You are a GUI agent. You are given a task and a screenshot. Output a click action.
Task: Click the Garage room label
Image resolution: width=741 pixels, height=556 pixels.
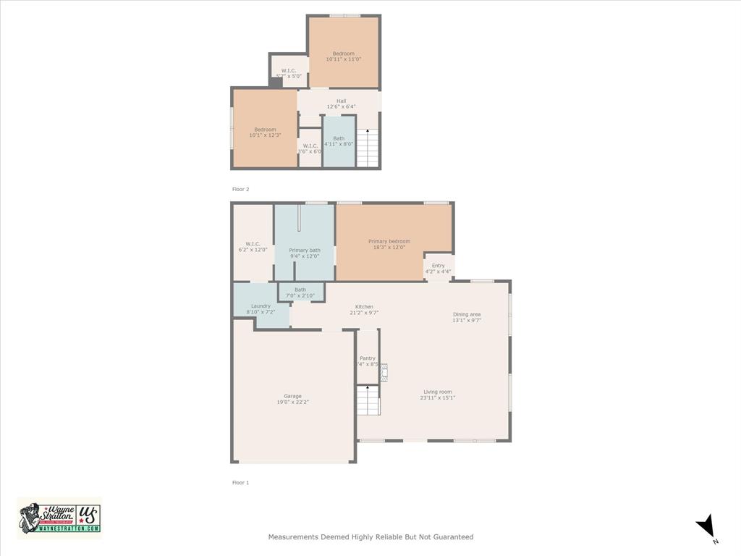(293, 396)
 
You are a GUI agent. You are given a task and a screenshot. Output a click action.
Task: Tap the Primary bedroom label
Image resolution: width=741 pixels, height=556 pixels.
(389, 241)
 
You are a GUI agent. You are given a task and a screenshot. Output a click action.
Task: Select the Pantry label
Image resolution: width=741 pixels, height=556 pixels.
(368, 358)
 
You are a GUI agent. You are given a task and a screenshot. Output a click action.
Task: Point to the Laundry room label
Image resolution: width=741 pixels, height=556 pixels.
(261, 306)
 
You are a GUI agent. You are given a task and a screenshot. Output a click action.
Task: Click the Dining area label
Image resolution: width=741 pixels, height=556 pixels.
(467, 314)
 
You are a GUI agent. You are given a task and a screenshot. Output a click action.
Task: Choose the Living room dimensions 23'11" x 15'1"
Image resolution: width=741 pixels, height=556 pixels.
(438, 397)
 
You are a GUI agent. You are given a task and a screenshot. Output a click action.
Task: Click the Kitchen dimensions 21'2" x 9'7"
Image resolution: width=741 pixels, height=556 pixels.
(364, 313)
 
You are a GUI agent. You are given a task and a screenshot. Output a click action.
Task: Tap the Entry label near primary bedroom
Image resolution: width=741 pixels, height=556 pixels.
(439, 266)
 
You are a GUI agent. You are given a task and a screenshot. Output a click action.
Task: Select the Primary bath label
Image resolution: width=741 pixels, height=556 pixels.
(305, 250)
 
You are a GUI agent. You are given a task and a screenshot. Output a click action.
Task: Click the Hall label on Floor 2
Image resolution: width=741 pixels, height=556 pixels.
(341, 101)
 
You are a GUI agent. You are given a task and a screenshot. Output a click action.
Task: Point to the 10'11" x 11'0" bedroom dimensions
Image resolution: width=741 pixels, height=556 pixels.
(344, 59)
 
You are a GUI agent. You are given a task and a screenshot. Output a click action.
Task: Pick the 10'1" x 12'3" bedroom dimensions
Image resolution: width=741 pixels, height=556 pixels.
(265, 135)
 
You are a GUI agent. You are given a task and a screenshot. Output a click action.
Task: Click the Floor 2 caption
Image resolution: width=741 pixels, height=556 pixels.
(240, 189)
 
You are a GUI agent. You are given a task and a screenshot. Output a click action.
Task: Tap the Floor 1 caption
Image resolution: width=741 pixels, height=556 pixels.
(240, 482)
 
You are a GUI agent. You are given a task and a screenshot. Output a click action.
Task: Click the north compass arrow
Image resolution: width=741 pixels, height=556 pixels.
(706, 526)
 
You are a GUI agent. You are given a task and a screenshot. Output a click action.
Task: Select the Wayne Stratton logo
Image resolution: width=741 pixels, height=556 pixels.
(59, 518)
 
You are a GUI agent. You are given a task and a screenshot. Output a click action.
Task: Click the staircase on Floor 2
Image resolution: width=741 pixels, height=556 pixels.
(368, 148)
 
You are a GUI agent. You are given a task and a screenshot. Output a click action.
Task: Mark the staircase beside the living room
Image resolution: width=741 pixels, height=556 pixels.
(368, 400)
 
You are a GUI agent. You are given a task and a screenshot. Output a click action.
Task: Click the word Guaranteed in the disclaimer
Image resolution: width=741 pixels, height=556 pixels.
(453, 537)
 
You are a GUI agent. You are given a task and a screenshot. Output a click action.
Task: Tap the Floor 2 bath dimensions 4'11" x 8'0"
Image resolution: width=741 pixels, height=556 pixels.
(339, 144)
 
